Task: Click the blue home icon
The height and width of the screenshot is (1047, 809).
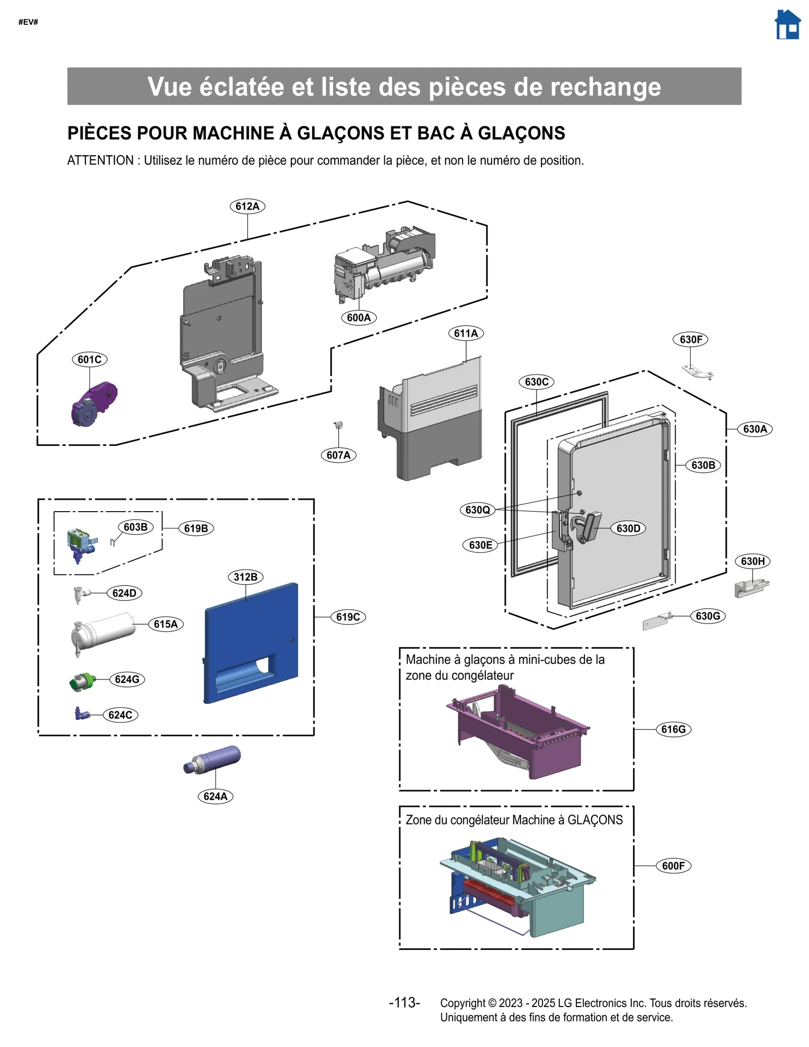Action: point(787,25)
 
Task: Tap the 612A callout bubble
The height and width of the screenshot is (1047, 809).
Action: point(247,206)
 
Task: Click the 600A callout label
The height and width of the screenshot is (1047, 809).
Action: point(358,317)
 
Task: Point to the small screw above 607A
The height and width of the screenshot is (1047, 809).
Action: point(338,425)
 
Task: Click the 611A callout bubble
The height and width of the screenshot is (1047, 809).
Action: point(466,333)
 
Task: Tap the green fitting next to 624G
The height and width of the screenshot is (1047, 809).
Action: point(83,681)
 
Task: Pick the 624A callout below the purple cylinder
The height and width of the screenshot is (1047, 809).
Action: point(215,796)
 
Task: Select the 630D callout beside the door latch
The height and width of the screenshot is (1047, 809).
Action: point(628,528)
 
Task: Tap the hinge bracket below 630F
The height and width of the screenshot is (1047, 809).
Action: point(698,372)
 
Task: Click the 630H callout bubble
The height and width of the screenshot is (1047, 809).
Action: point(752,561)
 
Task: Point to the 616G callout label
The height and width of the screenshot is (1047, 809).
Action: point(673,729)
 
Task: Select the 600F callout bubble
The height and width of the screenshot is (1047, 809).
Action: point(673,866)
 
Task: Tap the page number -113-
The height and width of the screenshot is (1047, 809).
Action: point(404,1003)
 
